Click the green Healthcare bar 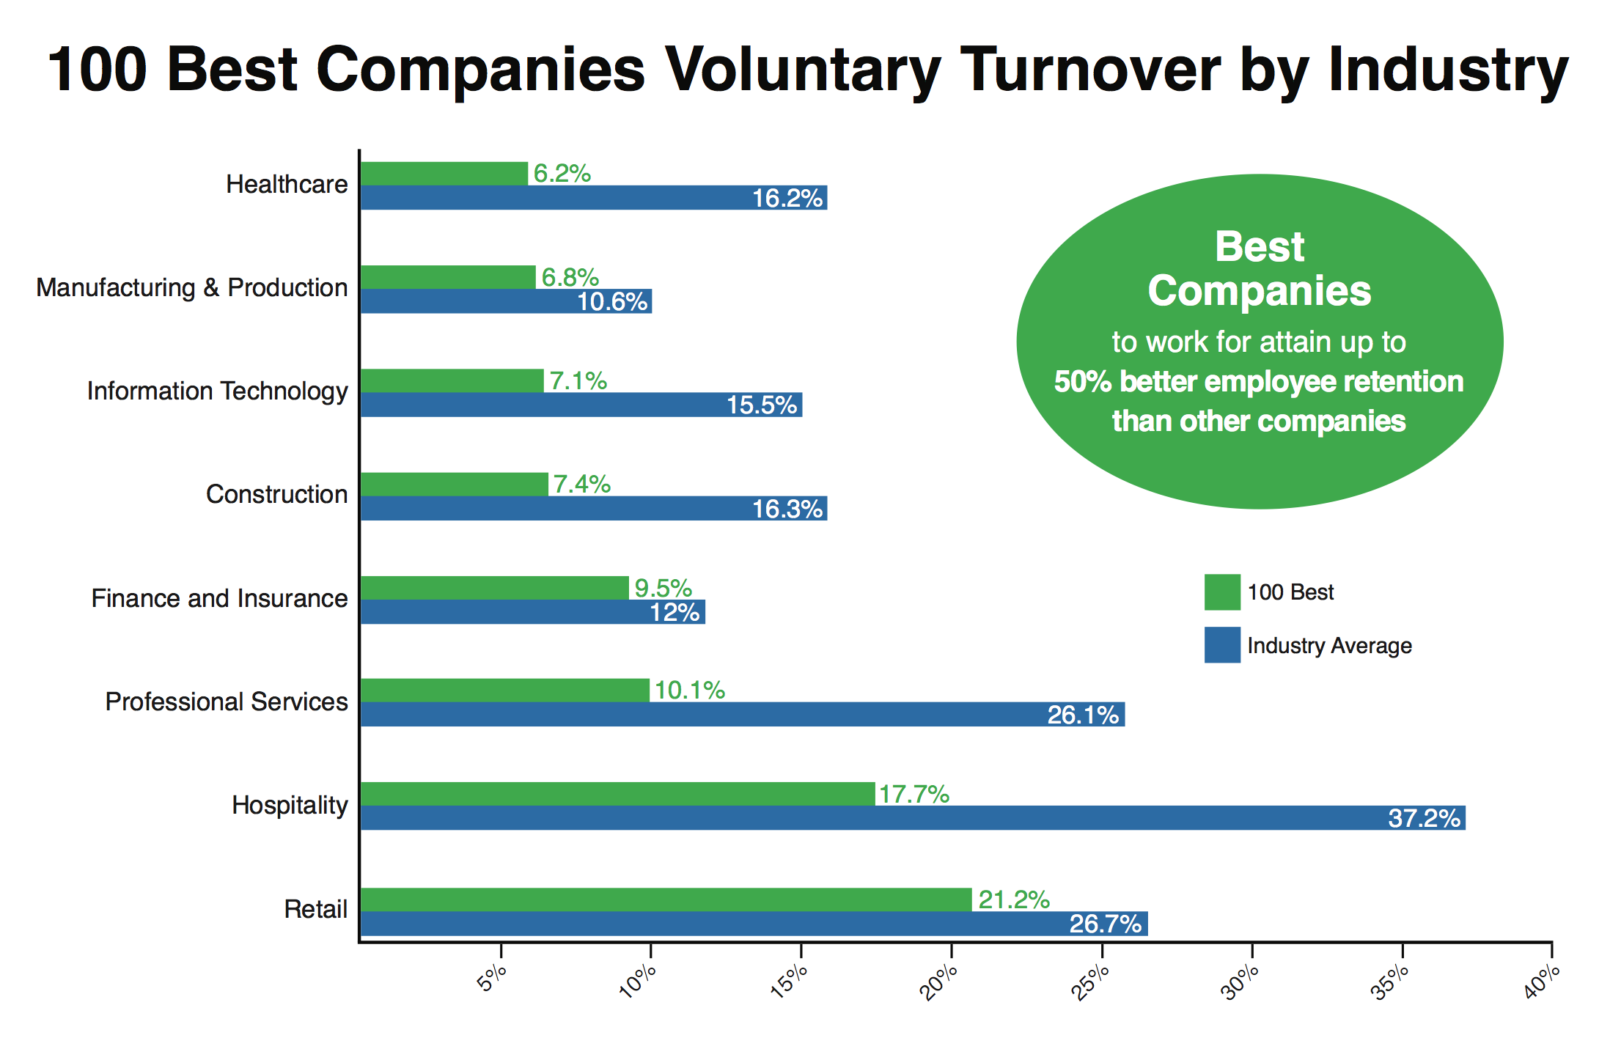(444, 174)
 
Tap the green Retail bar (666, 899)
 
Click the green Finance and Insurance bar (495, 588)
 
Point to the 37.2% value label (1424, 818)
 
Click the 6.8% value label (570, 277)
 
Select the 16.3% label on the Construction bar (787, 509)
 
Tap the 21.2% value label (1014, 899)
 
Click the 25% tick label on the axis (1090, 983)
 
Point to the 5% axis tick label (493, 978)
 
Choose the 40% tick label (1541, 983)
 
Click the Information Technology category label (217, 391)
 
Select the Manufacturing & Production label (192, 288)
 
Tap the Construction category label (276, 495)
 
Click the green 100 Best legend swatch (1222, 592)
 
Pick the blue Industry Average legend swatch (1222, 645)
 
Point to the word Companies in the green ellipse (1259, 291)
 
